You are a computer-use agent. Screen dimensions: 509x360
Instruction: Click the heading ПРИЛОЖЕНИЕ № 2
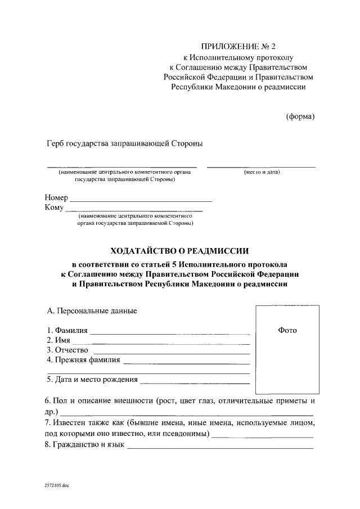(238, 47)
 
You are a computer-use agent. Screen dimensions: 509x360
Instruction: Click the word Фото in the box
(287, 330)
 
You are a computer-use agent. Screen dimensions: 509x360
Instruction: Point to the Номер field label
(56, 199)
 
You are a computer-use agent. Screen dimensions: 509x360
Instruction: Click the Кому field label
(55, 208)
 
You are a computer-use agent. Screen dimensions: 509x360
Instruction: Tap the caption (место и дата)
(262, 172)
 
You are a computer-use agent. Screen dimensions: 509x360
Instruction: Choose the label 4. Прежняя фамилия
(83, 361)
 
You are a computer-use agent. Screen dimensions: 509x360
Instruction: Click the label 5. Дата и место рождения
(92, 380)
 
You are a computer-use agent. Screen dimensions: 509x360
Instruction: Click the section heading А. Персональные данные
(91, 310)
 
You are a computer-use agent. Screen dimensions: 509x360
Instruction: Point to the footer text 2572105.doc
(56, 484)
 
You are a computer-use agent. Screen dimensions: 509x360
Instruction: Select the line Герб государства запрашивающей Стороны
(124, 144)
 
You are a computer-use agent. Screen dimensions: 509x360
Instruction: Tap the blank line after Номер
(141, 200)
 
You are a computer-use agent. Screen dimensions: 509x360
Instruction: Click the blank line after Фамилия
(169, 332)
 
